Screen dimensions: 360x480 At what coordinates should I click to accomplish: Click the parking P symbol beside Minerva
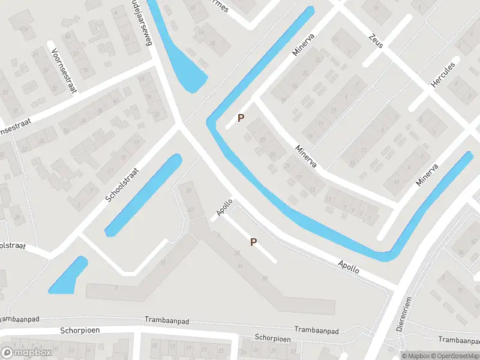pyautogui.click(x=241, y=118)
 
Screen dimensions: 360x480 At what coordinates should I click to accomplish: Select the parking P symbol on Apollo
pyautogui.click(x=253, y=242)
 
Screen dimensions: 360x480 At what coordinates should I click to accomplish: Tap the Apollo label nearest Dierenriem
pyautogui.click(x=348, y=267)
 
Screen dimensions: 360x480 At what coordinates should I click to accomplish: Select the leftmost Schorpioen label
pyautogui.click(x=80, y=331)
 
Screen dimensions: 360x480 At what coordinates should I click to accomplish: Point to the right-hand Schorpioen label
pyautogui.click(x=272, y=338)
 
